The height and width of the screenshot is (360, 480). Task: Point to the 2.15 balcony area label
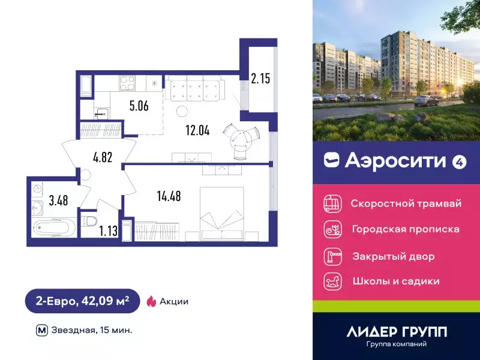pyautogui.click(x=260, y=78)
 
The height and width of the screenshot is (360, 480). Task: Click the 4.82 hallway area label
pyautogui.click(x=103, y=158)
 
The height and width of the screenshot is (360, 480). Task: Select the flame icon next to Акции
pyautogui.click(x=151, y=301)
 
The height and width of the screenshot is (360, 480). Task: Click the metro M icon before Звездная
pyautogui.click(x=42, y=330)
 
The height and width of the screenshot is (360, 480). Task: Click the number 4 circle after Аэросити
pyautogui.click(x=460, y=161)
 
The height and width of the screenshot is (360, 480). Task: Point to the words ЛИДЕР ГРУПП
pyautogui.click(x=397, y=331)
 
